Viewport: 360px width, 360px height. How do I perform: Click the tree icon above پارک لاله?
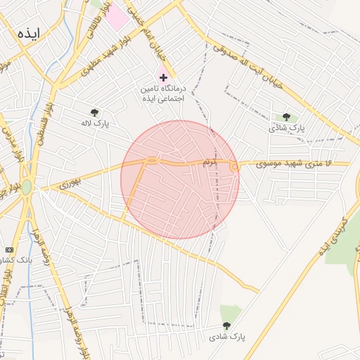click(x=94, y=112)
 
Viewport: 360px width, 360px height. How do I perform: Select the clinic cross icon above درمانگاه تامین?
click(x=164, y=77)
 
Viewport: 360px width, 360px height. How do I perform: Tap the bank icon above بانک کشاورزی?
click(x=9, y=250)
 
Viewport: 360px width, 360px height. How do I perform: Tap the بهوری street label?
click(x=70, y=184)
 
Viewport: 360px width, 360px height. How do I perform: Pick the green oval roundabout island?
click(x=26, y=187)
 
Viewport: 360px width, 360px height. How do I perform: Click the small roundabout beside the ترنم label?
click(x=233, y=167)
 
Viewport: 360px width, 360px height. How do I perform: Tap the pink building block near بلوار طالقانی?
click(x=117, y=17)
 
